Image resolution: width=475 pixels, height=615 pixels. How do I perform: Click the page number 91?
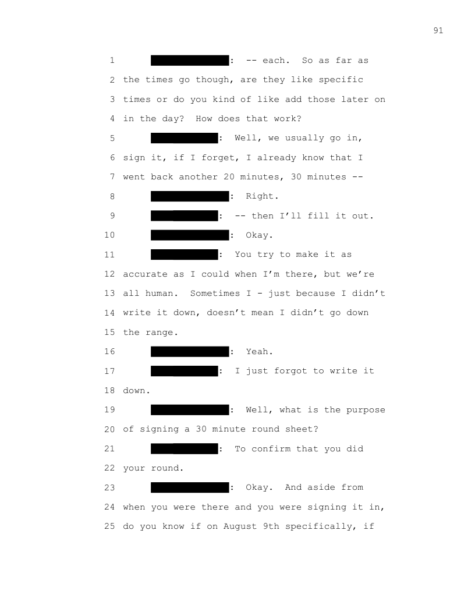438,31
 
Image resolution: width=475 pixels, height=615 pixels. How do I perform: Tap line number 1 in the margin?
111,61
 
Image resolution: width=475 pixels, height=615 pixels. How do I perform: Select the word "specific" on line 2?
341,80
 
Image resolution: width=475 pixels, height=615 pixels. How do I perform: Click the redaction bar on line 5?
184,138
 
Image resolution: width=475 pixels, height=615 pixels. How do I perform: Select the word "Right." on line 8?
258,196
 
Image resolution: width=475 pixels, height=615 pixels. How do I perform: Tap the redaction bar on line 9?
184,216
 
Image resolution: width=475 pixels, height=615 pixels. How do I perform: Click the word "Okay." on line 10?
258,235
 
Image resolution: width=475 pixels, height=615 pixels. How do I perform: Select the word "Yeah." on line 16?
259,352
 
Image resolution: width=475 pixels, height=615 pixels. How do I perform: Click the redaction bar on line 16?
190,352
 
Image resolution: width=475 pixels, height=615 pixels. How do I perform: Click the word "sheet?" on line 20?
302,429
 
